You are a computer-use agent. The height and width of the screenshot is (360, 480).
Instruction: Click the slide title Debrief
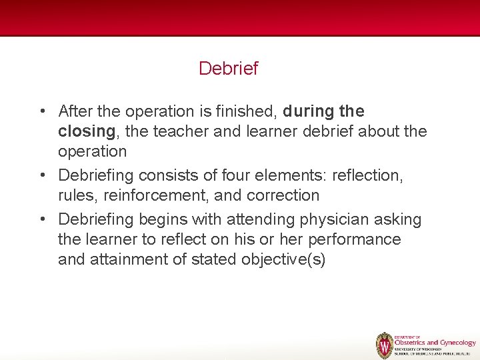228,69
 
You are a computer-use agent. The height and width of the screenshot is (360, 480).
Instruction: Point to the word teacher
177,132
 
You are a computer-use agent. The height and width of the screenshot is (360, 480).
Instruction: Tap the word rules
76,196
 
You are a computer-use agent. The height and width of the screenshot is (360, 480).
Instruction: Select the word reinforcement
157,196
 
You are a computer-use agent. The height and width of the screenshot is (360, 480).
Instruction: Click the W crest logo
385,345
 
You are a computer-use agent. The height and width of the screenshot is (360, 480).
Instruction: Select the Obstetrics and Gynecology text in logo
435,343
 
